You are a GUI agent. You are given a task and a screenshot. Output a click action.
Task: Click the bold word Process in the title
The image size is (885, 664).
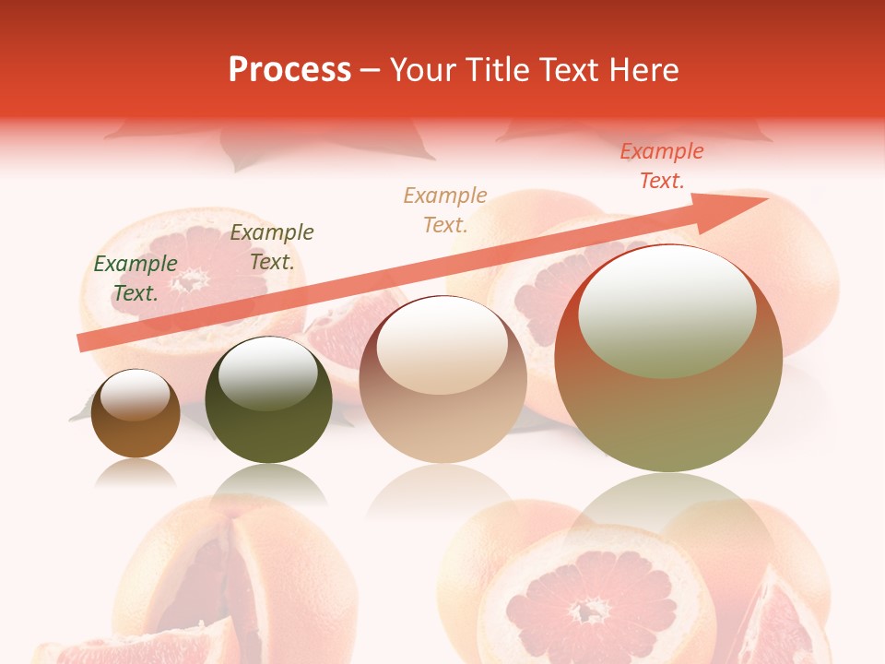(x=289, y=70)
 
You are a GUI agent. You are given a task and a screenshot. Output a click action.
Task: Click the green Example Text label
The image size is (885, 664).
(x=136, y=278)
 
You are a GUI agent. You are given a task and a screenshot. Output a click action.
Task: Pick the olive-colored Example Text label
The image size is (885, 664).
(x=272, y=247)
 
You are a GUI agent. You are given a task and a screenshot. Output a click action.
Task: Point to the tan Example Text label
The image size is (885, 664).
(x=445, y=209)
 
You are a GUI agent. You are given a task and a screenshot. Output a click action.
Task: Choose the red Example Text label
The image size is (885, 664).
(x=662, y=166)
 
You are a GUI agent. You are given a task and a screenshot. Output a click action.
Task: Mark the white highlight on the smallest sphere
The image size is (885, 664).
(x=136, y=396)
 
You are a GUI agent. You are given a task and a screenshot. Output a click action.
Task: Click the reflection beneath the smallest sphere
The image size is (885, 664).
(x=136, y=474)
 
